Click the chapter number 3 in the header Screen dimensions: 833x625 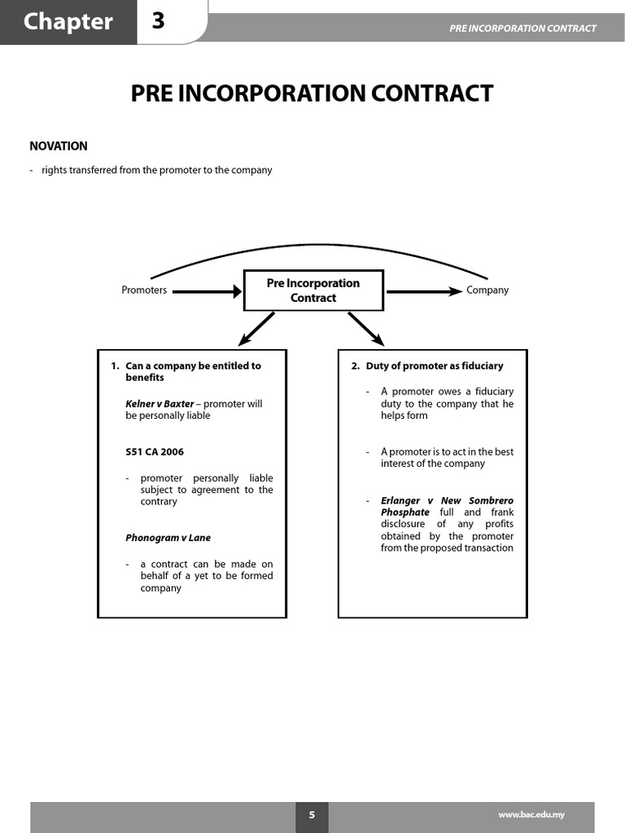click(x=158, y=21)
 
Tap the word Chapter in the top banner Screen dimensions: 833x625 click(x=68, y=21)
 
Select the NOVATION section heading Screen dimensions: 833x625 click(x=59, y=146)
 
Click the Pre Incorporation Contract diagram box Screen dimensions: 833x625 click(x=313, y=290)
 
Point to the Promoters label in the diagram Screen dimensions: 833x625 click(x=144, y=290)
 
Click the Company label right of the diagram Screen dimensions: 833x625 click(x=487, y=290)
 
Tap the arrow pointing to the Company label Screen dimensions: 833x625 click(x=423, y=290)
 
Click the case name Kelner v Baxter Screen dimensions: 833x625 click(x=160, y=403)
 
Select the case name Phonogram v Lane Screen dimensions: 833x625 click(x=168, y=538)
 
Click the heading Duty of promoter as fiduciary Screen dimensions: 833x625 click(x=435, y=366)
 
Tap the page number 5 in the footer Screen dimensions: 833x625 click(x=312, y=815)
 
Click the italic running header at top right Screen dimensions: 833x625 click(x=522, y=28)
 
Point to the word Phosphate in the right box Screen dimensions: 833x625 click(x=404, y=512)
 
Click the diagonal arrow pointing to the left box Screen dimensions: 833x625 click(x=256, y=329)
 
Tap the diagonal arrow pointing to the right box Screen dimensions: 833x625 click(x=367, y=329)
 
